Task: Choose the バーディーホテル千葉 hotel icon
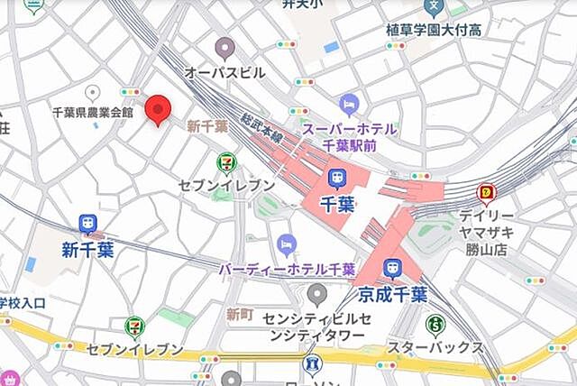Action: (x=287, y=244)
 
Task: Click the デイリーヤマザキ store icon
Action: (x=488, y=192)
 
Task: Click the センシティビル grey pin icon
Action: (x=316, y=293)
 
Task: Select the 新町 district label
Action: (x=239, y=314)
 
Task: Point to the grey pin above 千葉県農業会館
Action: (x=91, y=92)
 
